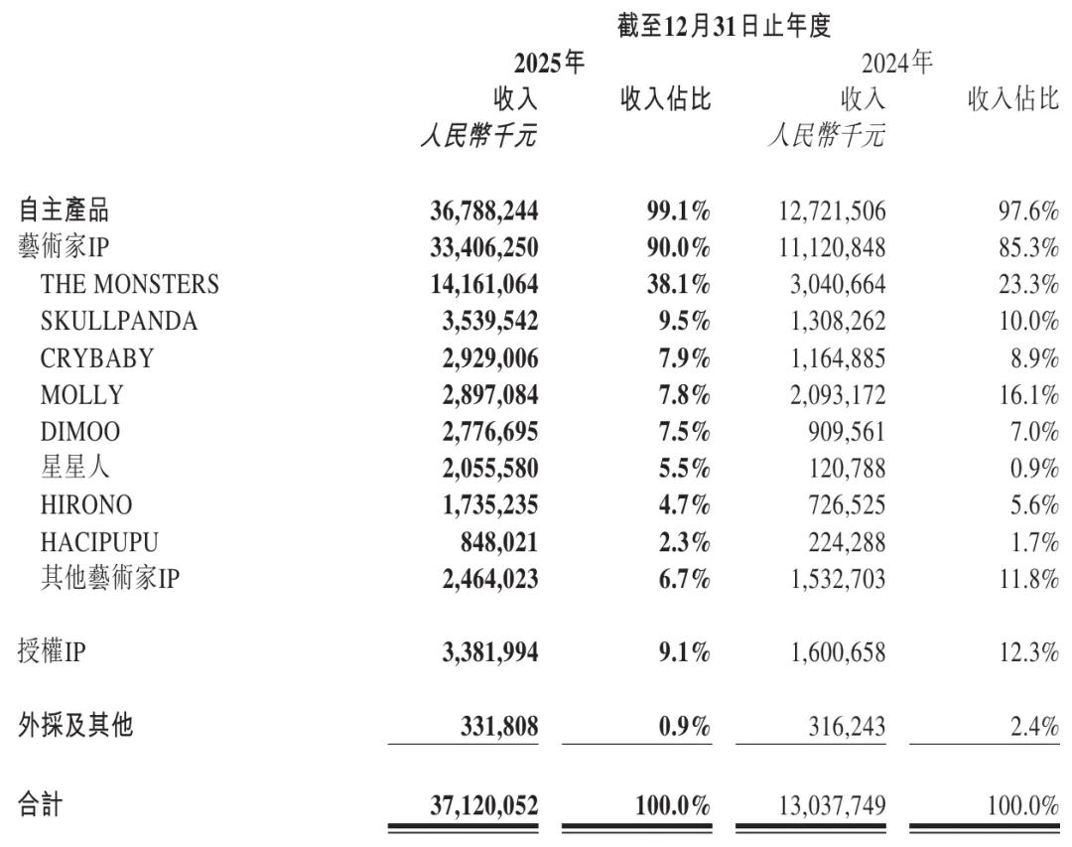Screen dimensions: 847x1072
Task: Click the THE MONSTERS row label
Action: point(129,284)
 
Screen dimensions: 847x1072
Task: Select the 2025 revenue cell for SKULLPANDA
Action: point(483,321)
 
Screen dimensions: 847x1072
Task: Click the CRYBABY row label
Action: point(97,357)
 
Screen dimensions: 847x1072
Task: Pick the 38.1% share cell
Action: point(673,284)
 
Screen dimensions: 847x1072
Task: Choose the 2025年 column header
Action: point(549,64)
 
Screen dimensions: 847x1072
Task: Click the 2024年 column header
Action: point(897,64)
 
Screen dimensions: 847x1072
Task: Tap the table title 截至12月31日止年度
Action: point(723,26)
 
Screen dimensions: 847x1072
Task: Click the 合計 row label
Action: point(41,804)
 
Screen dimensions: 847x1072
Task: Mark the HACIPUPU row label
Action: point(99,541)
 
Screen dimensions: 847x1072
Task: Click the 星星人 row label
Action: point(75,468)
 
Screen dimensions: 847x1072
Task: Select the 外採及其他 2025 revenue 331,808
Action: point(493,726)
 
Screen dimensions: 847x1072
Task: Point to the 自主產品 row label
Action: point(64,210)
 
